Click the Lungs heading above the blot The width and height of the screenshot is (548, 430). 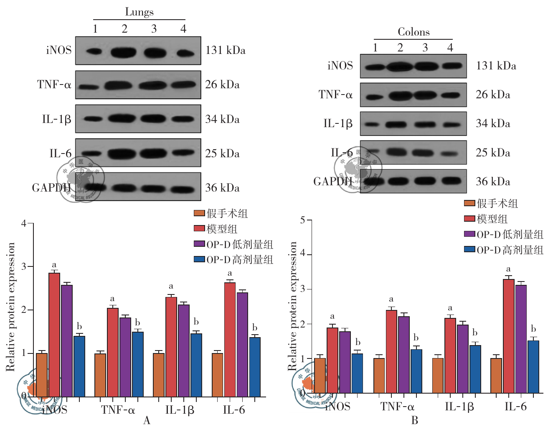click(139, 12)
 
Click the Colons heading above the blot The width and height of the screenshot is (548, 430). click(413, 32)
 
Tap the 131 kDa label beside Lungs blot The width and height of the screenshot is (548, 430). click(225, 51)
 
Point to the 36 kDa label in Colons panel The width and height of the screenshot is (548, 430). click(493, 182)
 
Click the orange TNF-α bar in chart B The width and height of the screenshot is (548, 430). click(379, 375)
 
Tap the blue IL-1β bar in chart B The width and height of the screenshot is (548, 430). click(475, 369)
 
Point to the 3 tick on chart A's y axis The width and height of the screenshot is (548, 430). click(24, 267)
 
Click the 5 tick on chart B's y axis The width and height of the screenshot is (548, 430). click(303, 220)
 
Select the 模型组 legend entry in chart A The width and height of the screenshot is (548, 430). click(222, 229)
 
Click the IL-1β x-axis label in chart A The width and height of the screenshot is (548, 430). click(180, 410)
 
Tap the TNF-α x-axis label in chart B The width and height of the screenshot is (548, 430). click(397, 407)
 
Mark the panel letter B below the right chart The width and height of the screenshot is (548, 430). click(414, 420)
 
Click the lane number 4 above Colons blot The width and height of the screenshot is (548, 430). click(450, 48)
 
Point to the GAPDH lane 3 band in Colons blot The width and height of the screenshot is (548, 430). click(425, 181)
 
